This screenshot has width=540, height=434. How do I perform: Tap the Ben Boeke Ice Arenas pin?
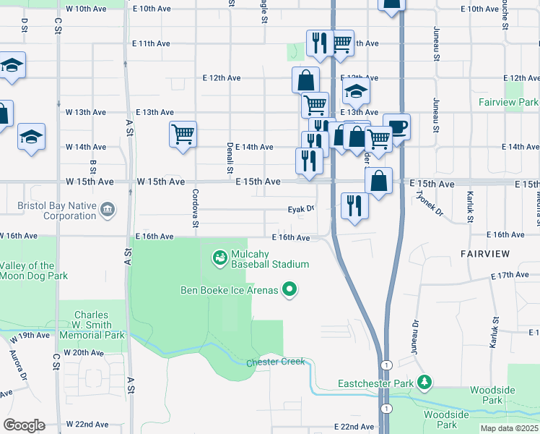click(290, 290)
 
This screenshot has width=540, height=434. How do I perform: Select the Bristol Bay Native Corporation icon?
click(108, 210)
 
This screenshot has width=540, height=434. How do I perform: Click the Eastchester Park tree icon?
click(426, 381)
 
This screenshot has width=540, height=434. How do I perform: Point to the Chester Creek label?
click(276, 362)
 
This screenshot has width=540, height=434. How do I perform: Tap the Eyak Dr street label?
click(302, 209)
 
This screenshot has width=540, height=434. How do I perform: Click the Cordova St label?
click(195, 208)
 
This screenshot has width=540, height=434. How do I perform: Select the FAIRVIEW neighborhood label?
click(484, 255)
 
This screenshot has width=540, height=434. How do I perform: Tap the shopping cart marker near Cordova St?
click(183, 134)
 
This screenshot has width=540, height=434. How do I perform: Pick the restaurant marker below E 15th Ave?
click(354, 205)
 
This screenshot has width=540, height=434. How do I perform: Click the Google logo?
click(23, 425)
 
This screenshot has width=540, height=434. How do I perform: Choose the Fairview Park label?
click(508, 103)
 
